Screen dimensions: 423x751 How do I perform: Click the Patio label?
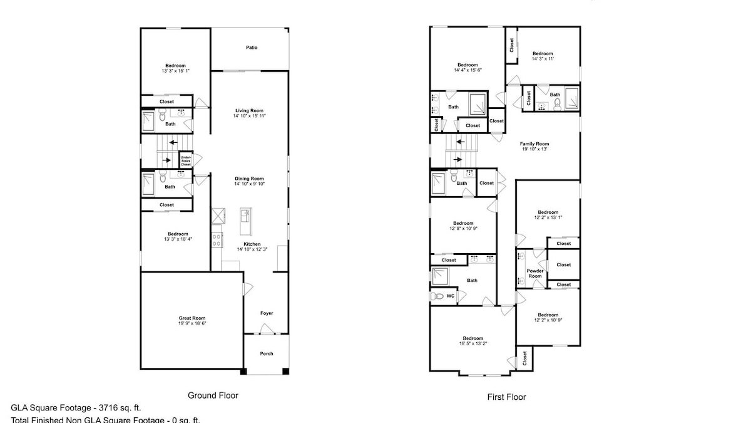252,48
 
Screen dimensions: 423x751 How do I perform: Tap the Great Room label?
192,318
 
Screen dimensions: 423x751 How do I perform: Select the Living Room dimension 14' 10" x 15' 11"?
248,116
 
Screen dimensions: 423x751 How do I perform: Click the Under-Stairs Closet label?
186,160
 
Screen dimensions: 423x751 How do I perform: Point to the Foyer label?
267,313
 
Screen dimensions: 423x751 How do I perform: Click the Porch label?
267,353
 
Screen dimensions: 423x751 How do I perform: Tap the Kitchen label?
252,244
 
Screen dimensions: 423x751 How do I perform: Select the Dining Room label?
249,178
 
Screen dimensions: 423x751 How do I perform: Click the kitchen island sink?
245,217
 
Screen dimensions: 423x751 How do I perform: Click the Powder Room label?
535,273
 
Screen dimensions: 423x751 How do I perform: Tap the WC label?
450,296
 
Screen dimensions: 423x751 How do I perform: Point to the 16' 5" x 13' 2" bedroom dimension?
473,343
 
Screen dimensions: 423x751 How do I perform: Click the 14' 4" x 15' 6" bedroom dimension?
467,70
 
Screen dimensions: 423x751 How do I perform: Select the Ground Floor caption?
213,395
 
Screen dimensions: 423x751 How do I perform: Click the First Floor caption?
506,397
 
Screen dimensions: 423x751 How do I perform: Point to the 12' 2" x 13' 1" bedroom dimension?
548,218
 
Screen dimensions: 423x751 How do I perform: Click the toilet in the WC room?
438,296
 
